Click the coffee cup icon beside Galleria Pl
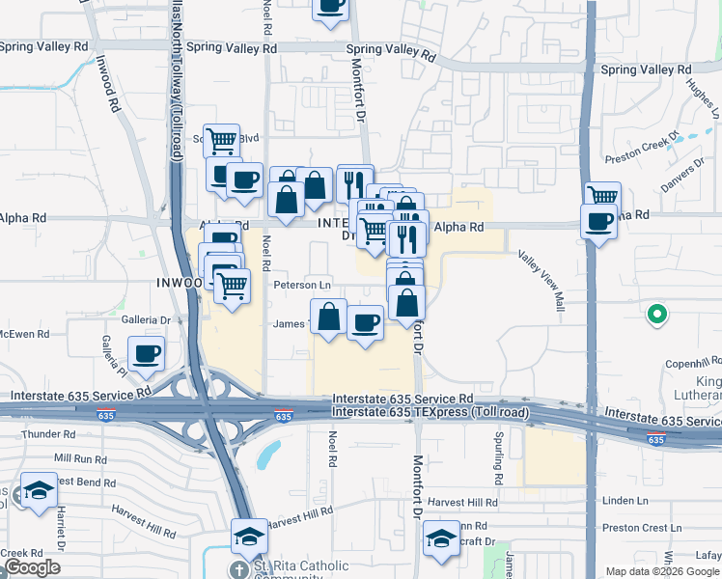point(146,353)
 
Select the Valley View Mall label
point(541,281)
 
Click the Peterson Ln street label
point(302,286)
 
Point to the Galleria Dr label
point(146,319)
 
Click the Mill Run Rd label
point(80,457)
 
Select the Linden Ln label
point(625,501)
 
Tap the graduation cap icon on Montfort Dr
point(441,540)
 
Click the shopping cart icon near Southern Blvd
point(221,141)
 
